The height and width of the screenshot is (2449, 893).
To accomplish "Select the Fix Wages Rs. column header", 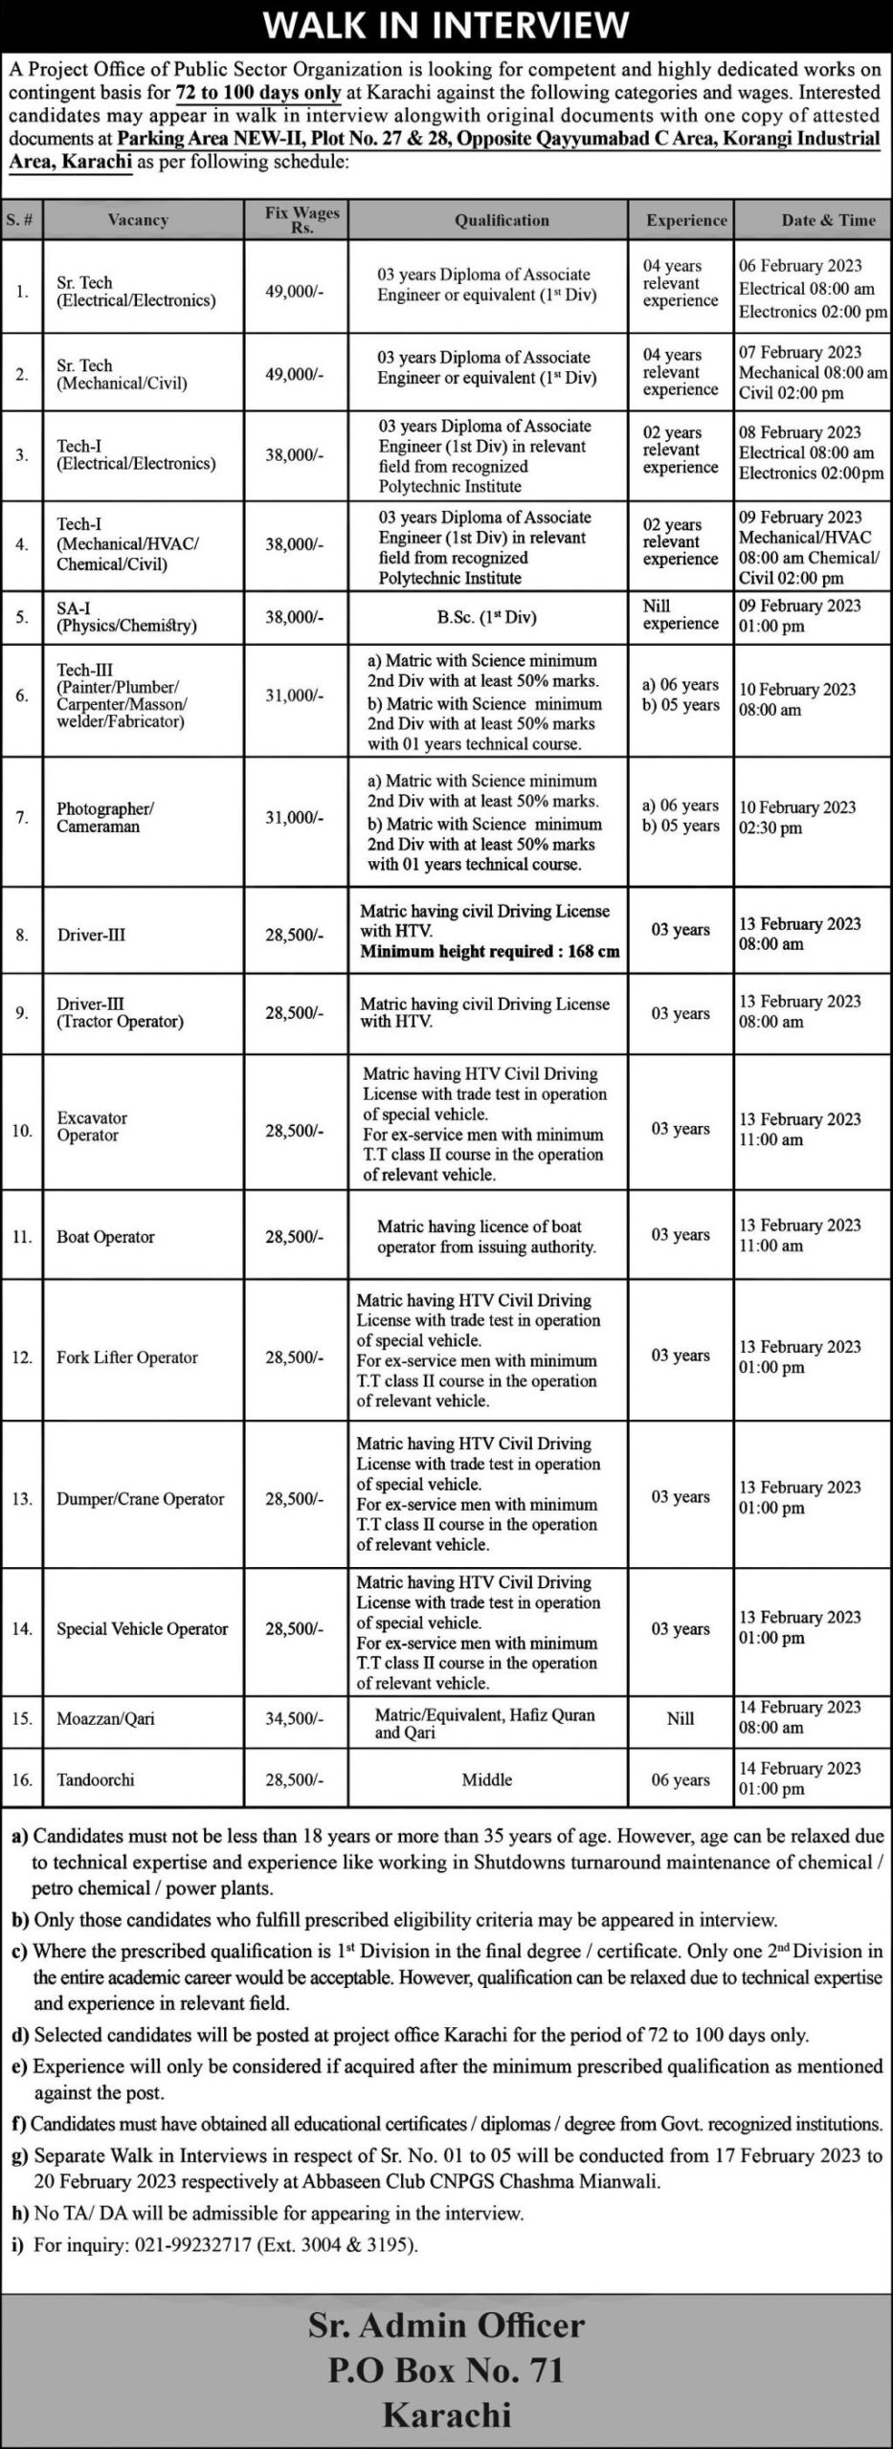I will point(302,219).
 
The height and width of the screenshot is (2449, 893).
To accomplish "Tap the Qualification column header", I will point(502,220).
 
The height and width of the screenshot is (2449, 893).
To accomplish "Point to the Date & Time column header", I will point(828,220).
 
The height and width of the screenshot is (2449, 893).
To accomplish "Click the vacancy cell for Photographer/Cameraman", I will point(104,817).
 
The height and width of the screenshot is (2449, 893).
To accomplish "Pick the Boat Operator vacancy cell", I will point(105,1237).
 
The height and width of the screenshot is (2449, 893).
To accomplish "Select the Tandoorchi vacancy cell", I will point(96,1779).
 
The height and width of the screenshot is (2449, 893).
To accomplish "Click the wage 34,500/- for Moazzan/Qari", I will point(295,1718).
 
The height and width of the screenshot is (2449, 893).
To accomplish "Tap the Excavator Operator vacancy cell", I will point(92,1126).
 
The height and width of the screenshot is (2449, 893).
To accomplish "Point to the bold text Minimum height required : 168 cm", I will point(489,952).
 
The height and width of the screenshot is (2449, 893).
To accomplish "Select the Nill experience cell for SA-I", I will point(680,614).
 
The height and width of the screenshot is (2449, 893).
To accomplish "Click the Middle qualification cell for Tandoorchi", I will point(486,1779).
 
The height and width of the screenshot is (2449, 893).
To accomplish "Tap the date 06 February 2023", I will point(800,266).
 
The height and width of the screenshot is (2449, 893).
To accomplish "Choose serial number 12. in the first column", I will point(22,1357).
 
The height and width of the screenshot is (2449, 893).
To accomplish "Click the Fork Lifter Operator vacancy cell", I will point(127,1357).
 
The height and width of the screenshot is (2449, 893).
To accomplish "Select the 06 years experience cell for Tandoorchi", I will point(680,1779).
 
